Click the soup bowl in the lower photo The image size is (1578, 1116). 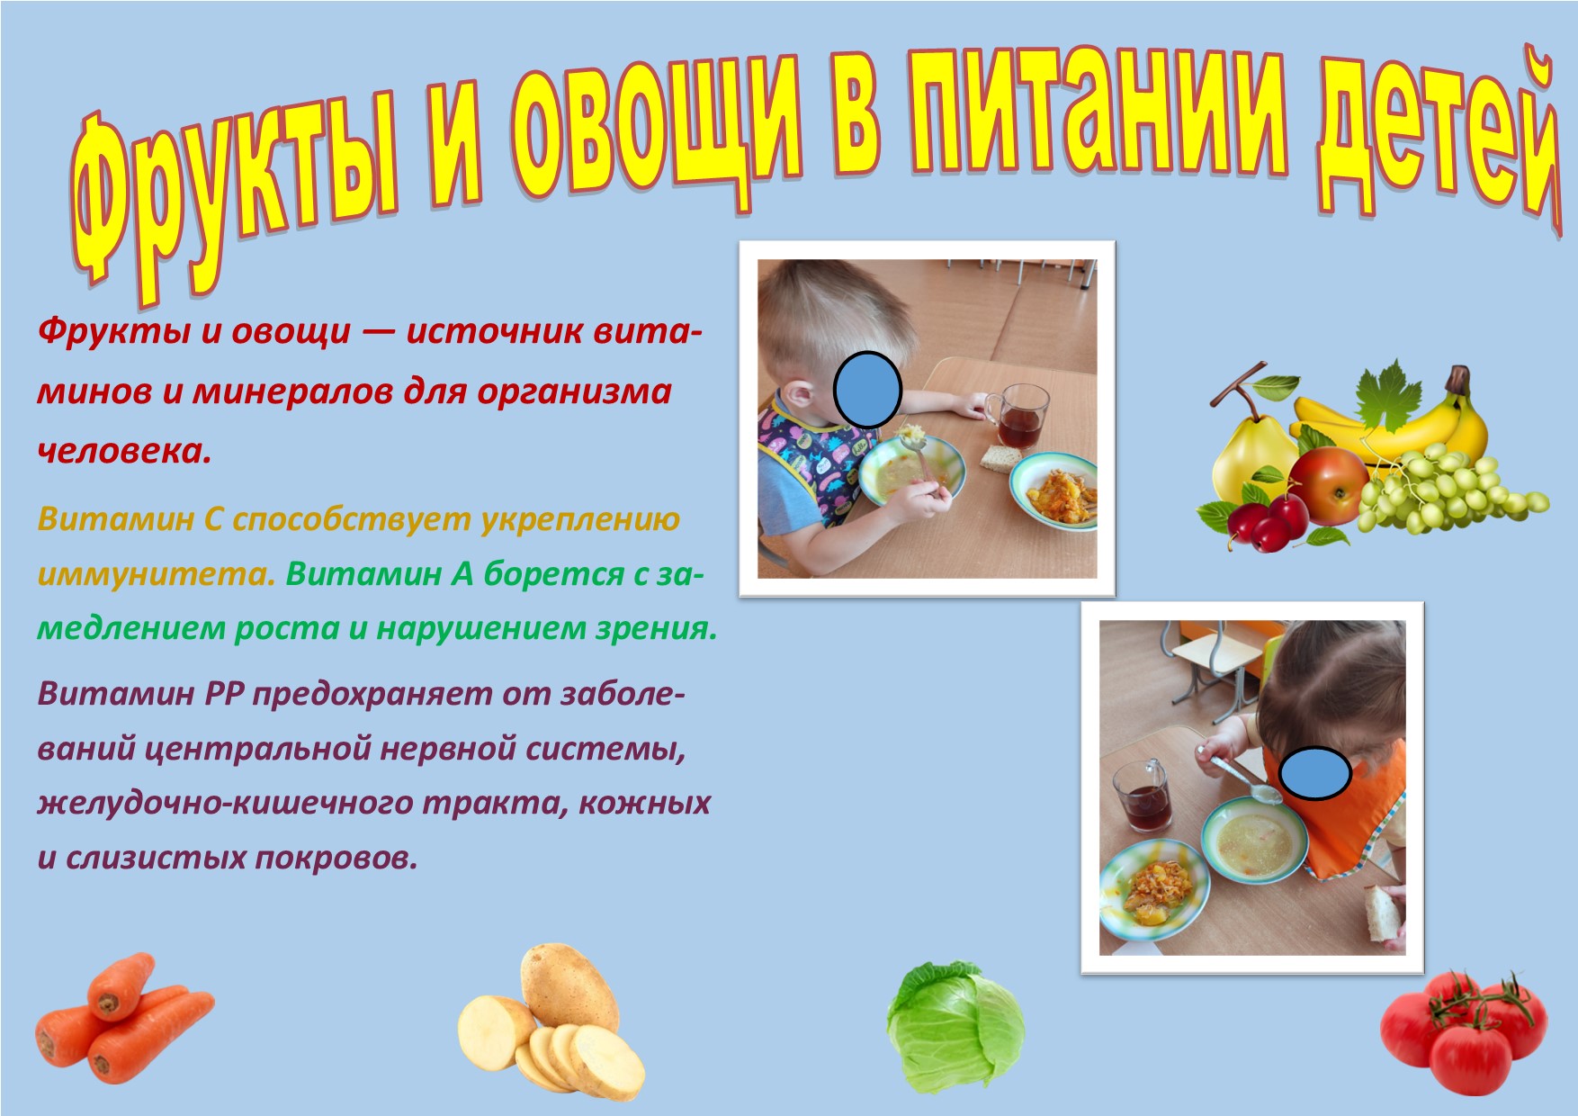1255,842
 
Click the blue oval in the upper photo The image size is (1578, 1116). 867,389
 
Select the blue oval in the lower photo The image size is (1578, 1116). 1315,773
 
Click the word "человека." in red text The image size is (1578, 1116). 125,451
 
